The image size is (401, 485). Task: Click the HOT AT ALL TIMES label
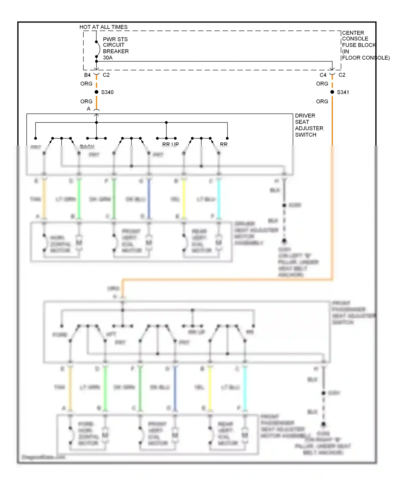click(103, 27)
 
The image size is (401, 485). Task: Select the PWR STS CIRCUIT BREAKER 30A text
click(115, 48)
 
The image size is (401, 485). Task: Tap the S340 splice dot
click(97, 92)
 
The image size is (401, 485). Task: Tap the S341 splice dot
click(332, 92)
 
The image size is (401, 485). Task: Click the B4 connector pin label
click(87, 75)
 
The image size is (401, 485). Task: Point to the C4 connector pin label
click(323, 75)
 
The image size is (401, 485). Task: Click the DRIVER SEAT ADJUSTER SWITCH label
click(309, 125)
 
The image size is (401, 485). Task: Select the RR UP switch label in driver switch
click(171, 144)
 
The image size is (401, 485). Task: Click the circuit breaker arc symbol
click(99, 49)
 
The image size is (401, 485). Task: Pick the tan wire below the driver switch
click(44, 199)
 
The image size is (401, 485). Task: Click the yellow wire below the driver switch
click(184, 199)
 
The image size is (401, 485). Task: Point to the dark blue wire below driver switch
click(149, 199)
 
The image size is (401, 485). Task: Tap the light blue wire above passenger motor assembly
click(245, 388)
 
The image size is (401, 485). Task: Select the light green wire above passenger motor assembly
click(105, 388)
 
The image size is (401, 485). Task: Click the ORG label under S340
click(86, 102)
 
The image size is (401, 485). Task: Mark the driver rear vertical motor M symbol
click(219, 242)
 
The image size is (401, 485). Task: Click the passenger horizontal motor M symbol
click(105, 435)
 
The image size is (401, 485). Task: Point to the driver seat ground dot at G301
click(284, 241)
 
